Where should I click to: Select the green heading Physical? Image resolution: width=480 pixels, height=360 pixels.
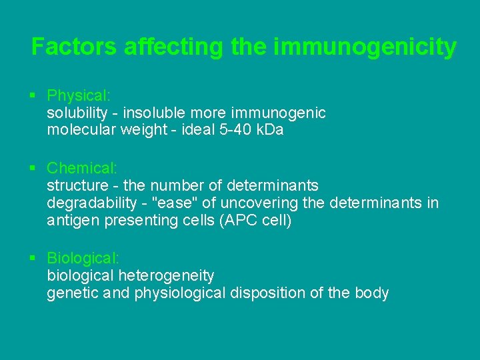click(79, 95)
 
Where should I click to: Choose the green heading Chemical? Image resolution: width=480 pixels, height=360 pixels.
click(82, 168)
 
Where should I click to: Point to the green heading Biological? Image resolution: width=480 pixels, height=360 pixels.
click(83, 257)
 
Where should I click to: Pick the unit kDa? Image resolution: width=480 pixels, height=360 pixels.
click(271, 130)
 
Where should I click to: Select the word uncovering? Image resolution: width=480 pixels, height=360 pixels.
click(253, 203)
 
